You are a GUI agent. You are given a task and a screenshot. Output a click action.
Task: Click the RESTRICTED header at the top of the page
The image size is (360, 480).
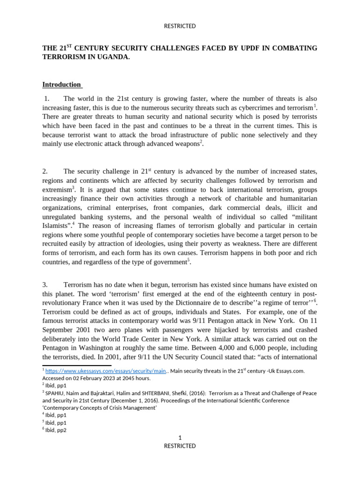(x=180, y=26)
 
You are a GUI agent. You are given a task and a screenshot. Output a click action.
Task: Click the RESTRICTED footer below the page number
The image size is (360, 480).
(x=180, y=446)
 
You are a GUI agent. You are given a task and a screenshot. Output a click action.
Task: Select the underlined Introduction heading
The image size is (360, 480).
(x=61, y=85)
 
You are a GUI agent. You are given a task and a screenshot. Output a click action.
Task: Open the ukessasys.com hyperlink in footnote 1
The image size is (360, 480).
(x=106, y=371)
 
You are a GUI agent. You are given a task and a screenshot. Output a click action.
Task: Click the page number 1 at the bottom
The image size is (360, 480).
(x=180, y=438)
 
